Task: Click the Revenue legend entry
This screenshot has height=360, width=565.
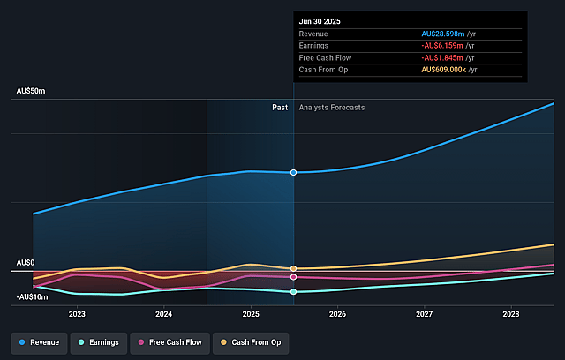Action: [41, 341]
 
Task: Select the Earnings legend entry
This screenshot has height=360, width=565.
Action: [97, 341]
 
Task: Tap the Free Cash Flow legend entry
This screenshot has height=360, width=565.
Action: [169, 341]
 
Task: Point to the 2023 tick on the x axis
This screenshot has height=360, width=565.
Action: [77, 313]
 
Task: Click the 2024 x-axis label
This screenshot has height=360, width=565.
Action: [163, 313]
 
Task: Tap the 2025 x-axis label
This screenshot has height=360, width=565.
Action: [251, 313]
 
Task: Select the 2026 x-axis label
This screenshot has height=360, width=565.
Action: [337, 313]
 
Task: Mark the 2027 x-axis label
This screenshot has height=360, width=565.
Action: [425, 313]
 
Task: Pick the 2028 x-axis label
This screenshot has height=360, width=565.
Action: [511, 313]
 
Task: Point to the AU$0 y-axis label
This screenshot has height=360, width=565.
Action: [25, 263]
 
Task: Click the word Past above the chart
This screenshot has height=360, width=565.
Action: [280, 108]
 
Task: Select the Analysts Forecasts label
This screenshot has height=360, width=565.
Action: [332, 108]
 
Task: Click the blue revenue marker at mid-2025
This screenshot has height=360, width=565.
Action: [294, 172]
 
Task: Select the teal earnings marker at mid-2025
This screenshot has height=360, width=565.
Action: [294, 291]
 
